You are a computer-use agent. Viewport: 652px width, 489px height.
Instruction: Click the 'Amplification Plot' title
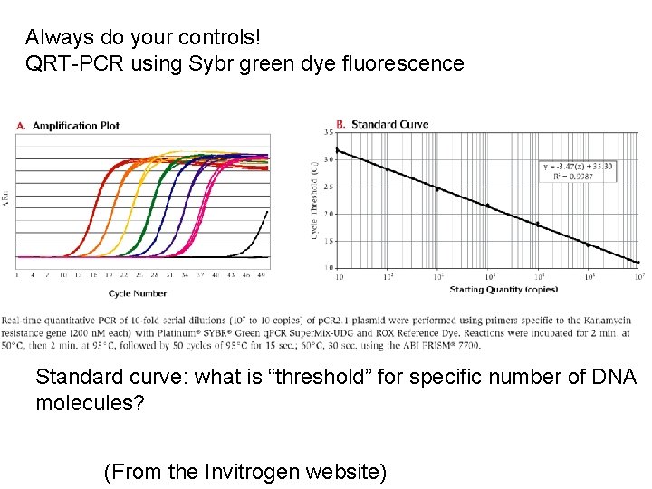click(x=75, y=126)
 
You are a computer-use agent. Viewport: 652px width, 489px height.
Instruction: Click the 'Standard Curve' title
click(x=389, y=124)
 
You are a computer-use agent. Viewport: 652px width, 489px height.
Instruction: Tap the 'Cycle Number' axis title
click(x=138, y=293)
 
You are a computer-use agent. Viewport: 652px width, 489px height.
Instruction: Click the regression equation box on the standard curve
click(x=577, y=171)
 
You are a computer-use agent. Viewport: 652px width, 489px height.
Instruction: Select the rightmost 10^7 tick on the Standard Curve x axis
click(x=638, y=277)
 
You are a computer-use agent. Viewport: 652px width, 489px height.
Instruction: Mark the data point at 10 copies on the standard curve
click(x=337, y=150)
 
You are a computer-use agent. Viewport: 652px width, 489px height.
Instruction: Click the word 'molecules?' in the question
click(x=91, y=403)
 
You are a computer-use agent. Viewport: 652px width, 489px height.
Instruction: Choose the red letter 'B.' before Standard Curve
click(x=340, y=124)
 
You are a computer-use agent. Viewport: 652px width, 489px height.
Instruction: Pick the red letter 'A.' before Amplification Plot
click(x=21, y=126)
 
